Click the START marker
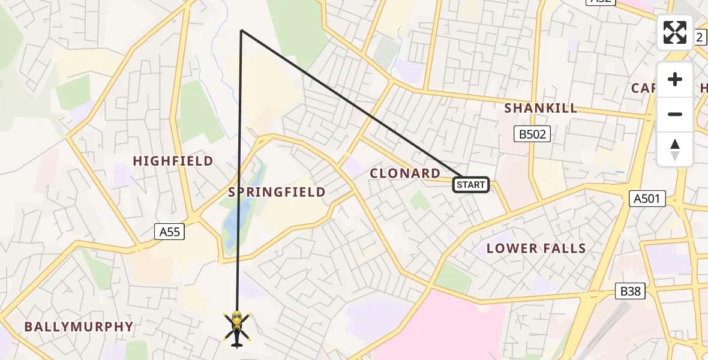471,185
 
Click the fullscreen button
675,32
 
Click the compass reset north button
675,149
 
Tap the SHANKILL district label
541,108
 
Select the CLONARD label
405,173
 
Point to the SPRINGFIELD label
277,192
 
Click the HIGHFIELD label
173,161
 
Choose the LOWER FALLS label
536,248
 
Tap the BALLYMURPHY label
79,327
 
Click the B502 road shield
532,134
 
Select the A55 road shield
169,232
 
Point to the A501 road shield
648,199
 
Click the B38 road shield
631,292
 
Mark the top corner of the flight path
241,30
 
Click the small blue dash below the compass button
620,172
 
